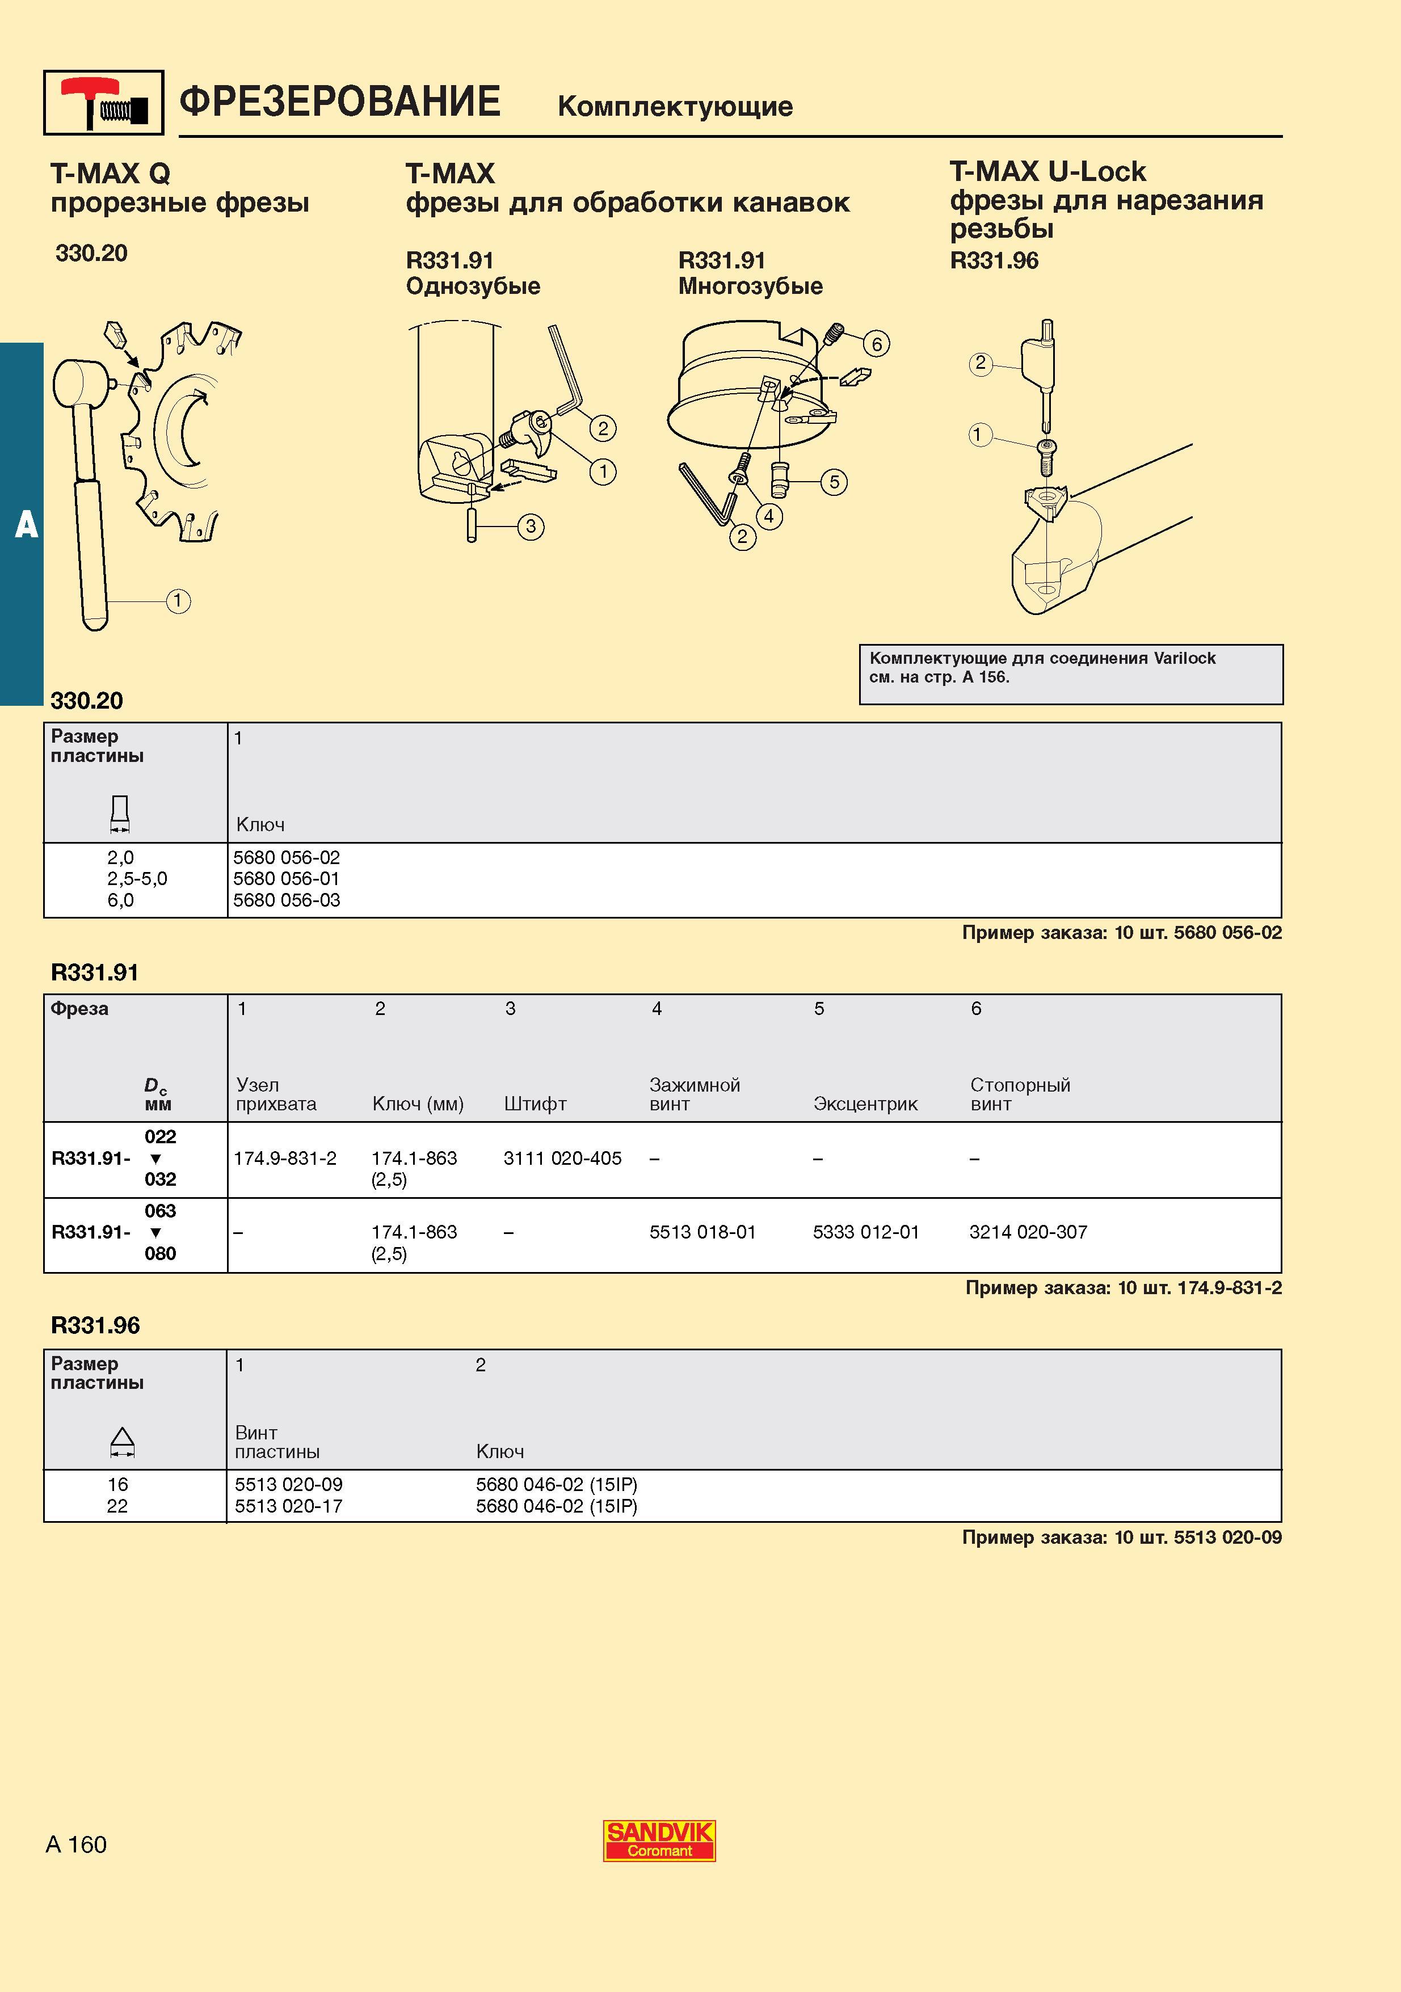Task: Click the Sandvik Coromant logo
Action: click(x=659, y=1841)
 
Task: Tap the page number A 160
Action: click(x=77, y=1844)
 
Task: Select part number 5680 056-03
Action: click(x=287, y=900)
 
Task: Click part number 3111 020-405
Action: click(x=562, y=1158)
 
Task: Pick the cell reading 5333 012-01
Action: click(x=866, y=1232)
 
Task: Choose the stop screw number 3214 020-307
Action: click(x=1028, y=1232)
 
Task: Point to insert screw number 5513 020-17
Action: click(x=289, y=1506)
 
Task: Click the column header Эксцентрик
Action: click(x=865, y=1105)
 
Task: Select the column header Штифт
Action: click(x=535, y=1105)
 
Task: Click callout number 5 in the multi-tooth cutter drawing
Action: click(x=834, y=482)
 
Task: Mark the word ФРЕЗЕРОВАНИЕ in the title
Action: click(x=340, y=102)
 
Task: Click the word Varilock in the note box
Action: click(x=1184, y=659)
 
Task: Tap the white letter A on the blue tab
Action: click(x=26, y=525)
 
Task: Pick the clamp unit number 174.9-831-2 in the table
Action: click(x=284, y=1158)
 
